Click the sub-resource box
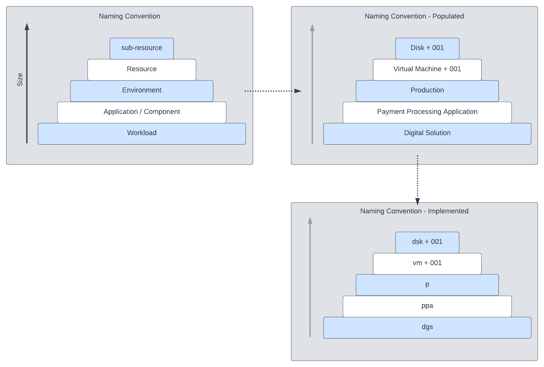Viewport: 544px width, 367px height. click(142, 48)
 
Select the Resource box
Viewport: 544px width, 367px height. click(142, 70)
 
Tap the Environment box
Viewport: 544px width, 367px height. click(142, 91)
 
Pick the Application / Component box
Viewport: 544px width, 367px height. click(142, 112)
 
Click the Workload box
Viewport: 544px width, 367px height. click(142, 134)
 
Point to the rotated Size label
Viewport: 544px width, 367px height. click(20, 79)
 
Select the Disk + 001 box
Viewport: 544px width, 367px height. click(427, 48)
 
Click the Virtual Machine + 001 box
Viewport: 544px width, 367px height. click(427, 70)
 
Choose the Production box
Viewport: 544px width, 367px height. click(427, 91)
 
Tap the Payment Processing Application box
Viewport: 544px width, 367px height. click(427, 112)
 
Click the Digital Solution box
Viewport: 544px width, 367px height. click(427, 134)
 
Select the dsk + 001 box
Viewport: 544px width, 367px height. click(427, 242)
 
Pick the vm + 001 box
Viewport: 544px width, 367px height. click(427, 264)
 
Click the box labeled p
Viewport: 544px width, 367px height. click(427, 285)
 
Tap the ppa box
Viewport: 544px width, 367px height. click(427, 306)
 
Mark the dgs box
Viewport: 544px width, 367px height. click(427, 327)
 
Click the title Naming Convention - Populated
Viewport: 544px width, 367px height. click(414, 16)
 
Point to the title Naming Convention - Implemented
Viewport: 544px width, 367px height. click(414, 211)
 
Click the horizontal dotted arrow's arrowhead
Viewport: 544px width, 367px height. click(298, 91)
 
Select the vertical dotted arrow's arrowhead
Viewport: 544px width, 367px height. click(418, 202)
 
